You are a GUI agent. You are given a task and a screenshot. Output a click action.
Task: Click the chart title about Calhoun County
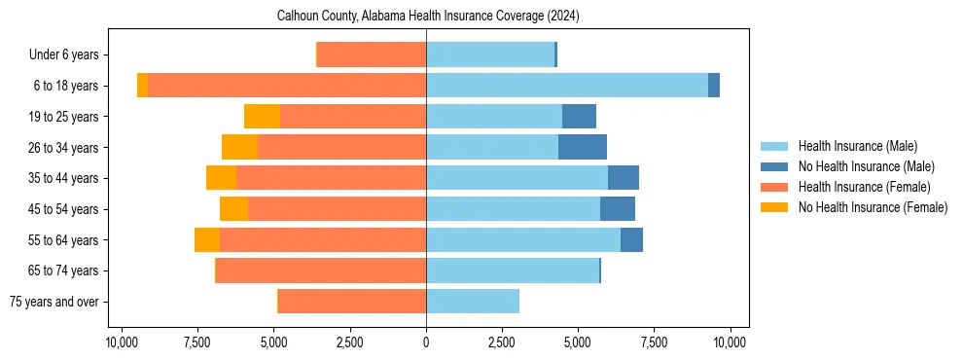pyautogui.click(x=428, y=16)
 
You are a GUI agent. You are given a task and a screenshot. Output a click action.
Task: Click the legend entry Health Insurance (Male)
pyautogui.click(x=857, y=146)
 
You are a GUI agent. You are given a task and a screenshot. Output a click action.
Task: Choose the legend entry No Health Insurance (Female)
pyautogui.click(x=873, y=207)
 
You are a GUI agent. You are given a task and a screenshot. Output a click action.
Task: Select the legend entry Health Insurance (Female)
pyautogui.click(x=864, y=187)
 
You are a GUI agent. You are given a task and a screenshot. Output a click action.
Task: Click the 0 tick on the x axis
pyautogui.click(x=426, y=342)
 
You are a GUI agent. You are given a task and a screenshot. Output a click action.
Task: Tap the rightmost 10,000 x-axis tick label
pyautogui.click(x=730, y=342)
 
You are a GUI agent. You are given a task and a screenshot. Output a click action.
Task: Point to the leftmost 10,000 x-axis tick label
pyautogui.click(x=122, y=342)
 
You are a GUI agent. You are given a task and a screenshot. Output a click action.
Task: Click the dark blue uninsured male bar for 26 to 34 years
pyautogui.click(x=583, y=147)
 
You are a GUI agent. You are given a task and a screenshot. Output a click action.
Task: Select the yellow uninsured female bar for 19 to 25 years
pyautogui.click(x=262, y=117)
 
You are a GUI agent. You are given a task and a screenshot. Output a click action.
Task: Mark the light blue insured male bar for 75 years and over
pyautogui.click(x=473, y=302)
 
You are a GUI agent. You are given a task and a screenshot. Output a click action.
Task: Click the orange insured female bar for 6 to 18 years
pyautogui.click(x=287, y=86)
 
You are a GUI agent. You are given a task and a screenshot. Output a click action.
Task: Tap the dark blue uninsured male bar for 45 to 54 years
pyautogui.click(x=618, y=209)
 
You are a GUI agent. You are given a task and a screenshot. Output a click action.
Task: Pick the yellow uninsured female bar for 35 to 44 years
pyautogui.click(x=222, y=178)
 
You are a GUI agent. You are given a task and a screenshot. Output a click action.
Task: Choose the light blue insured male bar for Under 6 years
pyautogui.click(x=490, y=54)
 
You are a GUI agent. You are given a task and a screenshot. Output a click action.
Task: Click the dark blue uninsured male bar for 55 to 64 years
pyautogui.click(x=631, y=239)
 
